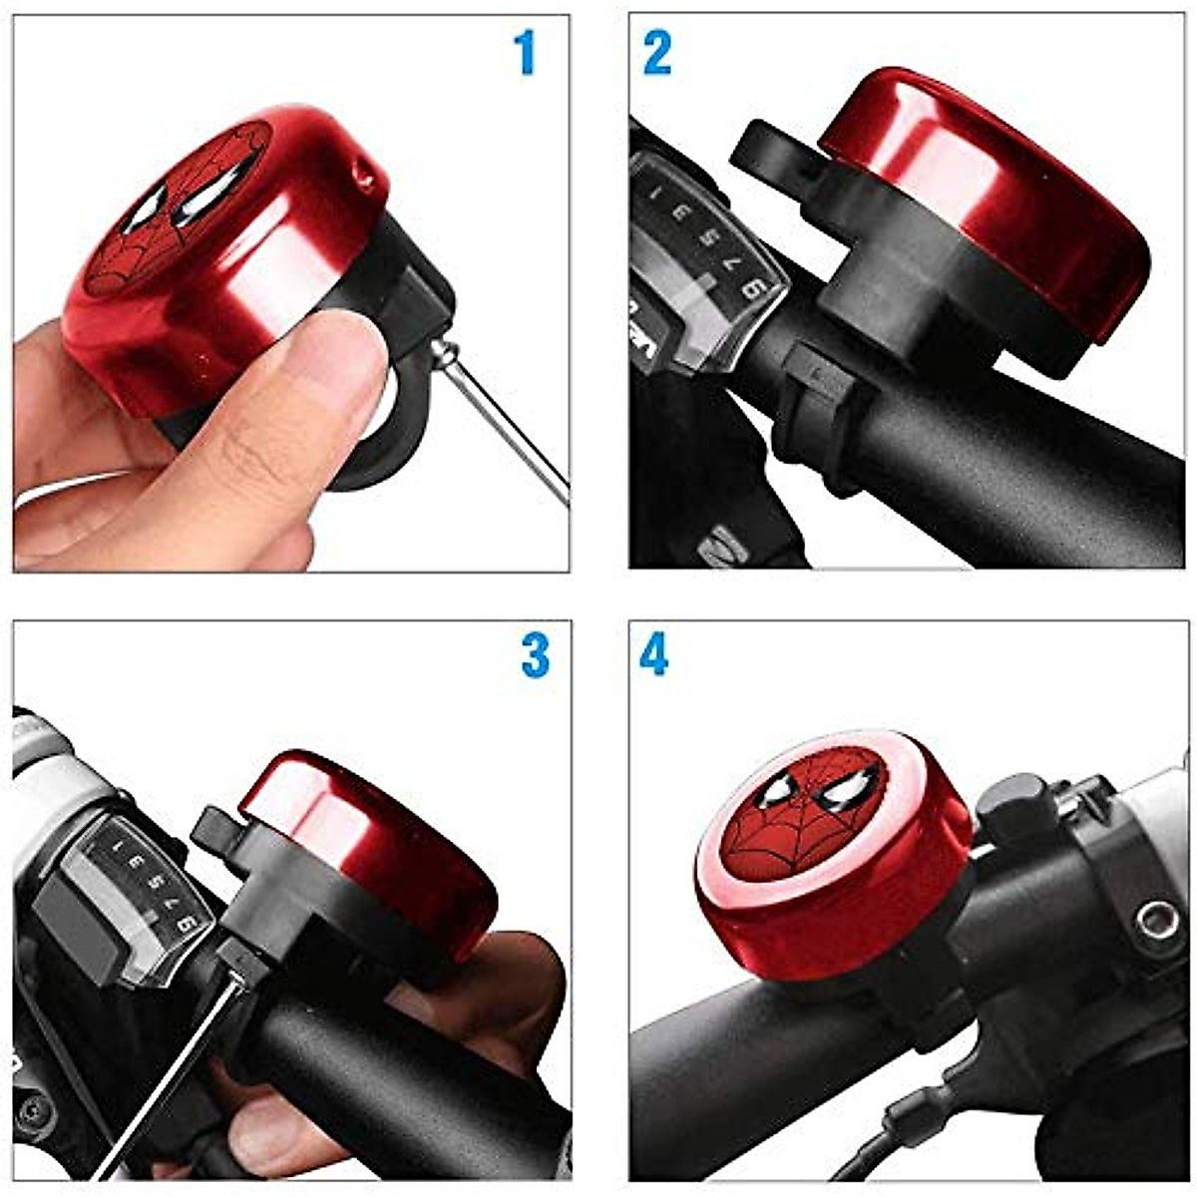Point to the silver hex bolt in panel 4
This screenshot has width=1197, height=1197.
pyautogui.click(x=1157, y=919)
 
